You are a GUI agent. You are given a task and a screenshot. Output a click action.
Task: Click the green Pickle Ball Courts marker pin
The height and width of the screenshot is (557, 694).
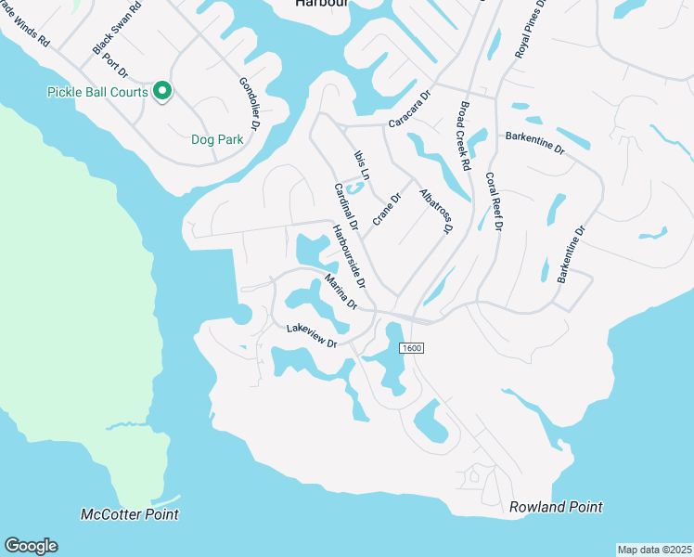point(162,91)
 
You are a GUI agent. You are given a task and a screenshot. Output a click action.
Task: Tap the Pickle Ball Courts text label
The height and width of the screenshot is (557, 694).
point(97,92)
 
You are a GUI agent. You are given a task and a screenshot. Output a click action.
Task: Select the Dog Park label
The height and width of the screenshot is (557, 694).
point(216,140)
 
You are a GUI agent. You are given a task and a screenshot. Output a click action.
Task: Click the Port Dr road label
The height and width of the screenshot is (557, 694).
point(115,66)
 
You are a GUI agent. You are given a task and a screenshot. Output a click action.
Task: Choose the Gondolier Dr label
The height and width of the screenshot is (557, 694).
point(251,104)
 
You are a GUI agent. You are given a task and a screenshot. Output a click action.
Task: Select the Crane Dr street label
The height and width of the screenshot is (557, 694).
point(386,208)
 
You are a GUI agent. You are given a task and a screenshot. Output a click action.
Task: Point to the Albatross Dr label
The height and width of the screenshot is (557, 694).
point(435,211)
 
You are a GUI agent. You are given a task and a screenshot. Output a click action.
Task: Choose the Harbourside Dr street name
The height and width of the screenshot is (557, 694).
point(350,256)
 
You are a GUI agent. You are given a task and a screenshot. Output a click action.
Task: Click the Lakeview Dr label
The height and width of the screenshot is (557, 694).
point(310,335)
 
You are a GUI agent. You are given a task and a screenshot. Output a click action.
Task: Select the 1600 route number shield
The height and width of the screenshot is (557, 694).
point(412,348)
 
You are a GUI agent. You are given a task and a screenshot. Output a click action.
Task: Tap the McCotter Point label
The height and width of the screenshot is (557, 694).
point(130,514)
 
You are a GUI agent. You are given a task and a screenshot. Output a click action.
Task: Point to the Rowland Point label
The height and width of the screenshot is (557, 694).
point(556,507)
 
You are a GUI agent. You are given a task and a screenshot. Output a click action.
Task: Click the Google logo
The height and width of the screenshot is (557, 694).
point(31,546)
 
